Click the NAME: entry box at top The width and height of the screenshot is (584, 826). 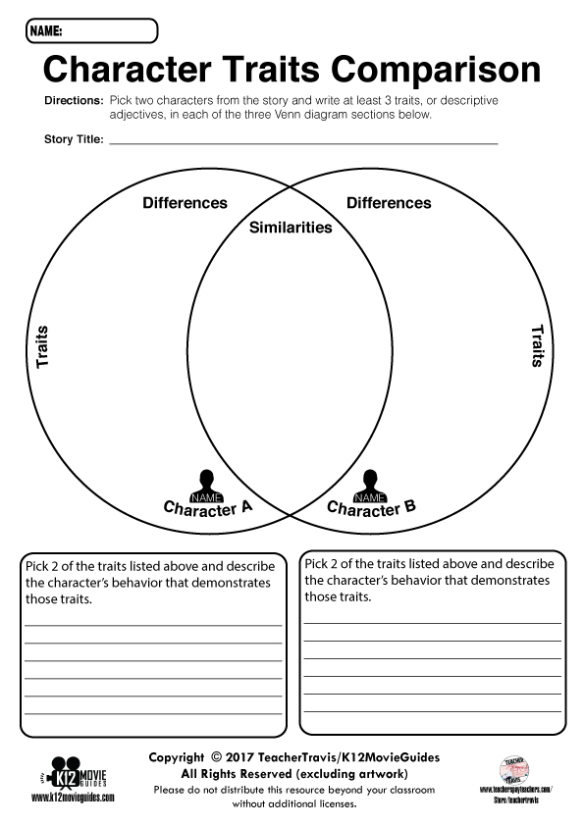108,31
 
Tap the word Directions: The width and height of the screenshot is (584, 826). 73,101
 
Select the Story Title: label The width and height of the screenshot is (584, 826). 74,139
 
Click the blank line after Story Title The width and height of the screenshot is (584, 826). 303,141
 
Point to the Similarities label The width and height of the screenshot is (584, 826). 291,228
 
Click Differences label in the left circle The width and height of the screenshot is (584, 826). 185,203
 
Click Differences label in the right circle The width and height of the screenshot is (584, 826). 389,203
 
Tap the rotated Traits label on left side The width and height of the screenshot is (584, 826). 42,347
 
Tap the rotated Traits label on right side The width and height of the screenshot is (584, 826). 537,346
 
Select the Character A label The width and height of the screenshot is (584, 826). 207,508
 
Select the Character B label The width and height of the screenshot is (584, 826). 371,508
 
